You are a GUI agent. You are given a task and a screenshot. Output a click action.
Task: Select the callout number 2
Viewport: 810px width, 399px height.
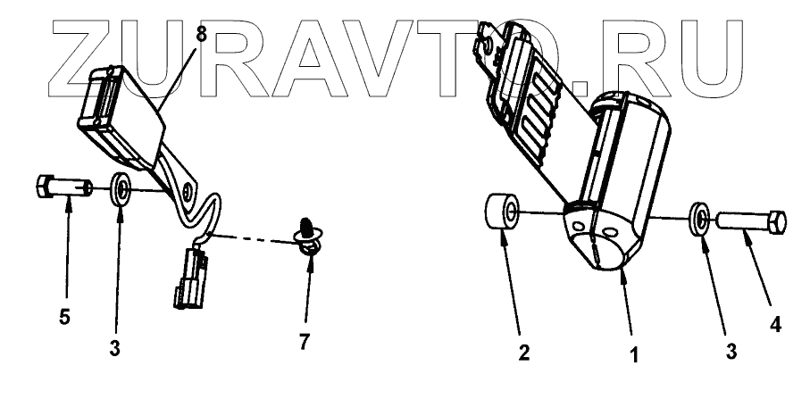pyautogui.click(x=525, y=350)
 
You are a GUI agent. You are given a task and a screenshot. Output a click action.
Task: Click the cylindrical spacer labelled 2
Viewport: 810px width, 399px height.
pyautogui.click(x=505, y=215)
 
